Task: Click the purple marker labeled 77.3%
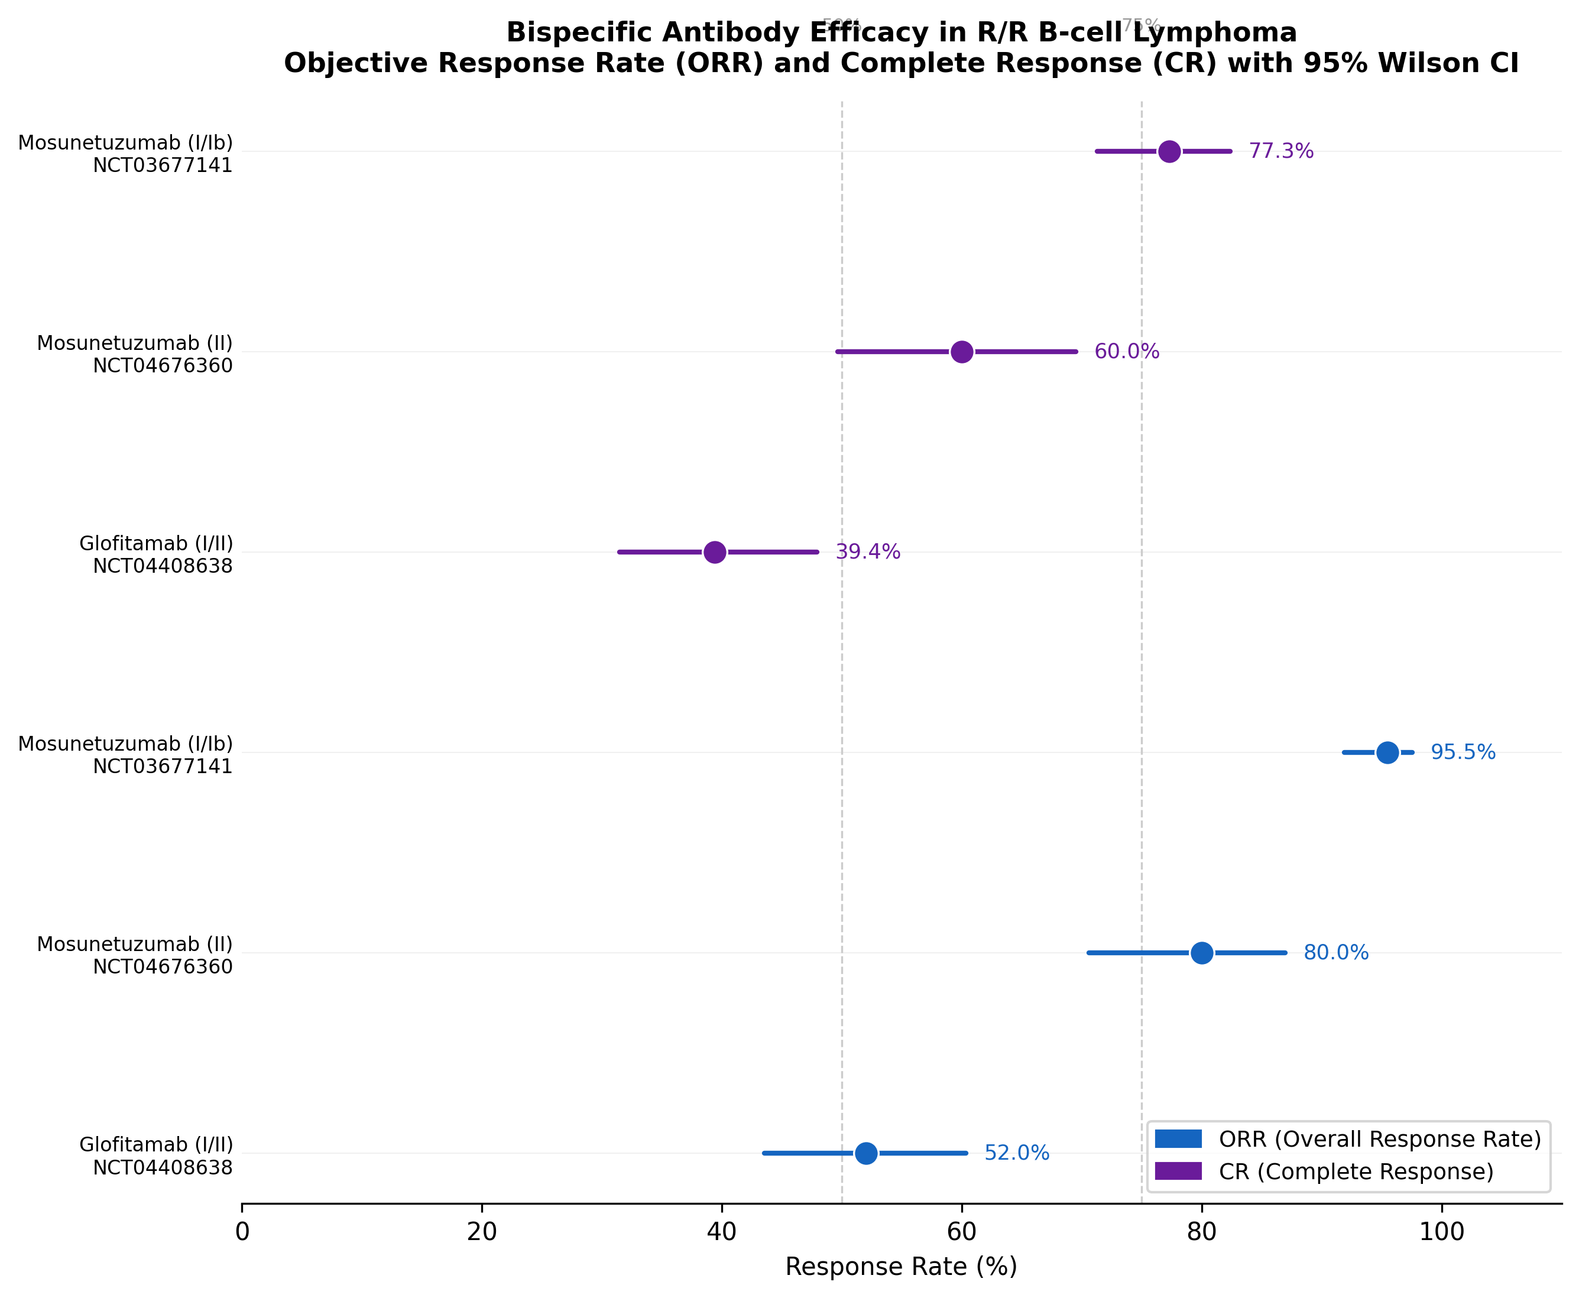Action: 1169,151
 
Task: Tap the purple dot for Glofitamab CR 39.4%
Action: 715,552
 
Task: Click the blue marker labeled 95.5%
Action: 1387,752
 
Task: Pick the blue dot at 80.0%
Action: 1201,953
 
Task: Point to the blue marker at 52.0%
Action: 865,1153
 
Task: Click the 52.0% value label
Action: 1016,1153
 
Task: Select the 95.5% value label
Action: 1463,752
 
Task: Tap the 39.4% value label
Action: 867,552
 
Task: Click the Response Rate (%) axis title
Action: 901,1267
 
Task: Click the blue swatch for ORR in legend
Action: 1178,1139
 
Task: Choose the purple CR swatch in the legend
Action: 1178,1171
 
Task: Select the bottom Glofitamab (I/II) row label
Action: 156,1145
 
